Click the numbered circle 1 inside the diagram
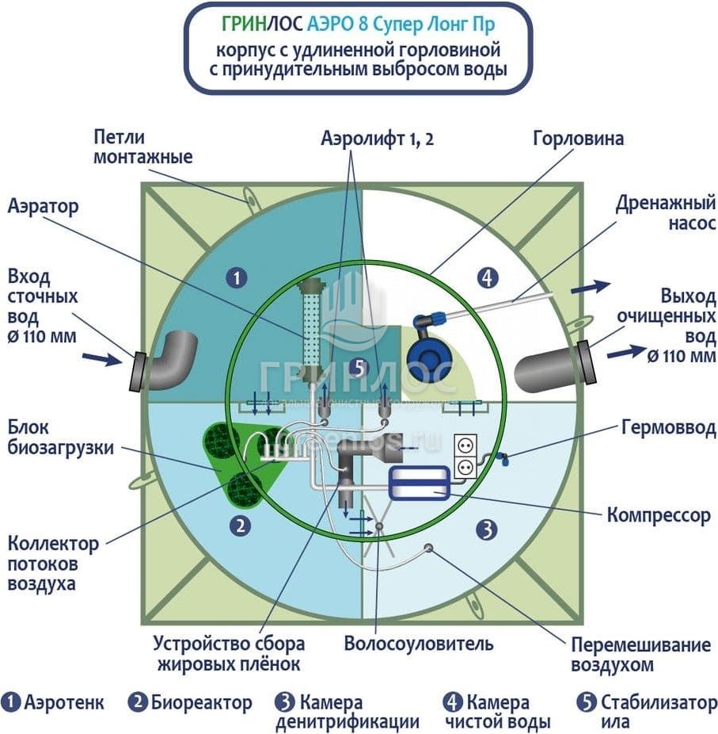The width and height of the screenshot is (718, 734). coord(236,277)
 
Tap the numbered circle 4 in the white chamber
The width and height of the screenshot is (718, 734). coord(488,277)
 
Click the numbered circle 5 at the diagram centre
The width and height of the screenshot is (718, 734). coord(358,368)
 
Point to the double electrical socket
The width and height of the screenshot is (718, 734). coord(465,457)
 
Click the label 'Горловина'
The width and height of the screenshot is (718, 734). coord(577,139)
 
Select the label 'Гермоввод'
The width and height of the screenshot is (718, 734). coord(667,429)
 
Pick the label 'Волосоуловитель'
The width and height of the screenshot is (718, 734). coord(419,643)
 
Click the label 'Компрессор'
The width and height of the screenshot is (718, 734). coord(659,515)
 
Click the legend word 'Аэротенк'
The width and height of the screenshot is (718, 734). coord(64,702)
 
